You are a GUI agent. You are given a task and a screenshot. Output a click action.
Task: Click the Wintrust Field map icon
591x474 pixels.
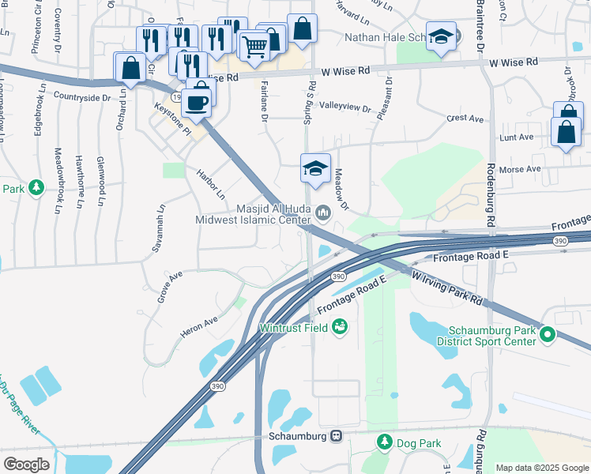pos(341,325)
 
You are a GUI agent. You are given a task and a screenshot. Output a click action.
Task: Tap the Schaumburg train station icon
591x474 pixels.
pos(337,436)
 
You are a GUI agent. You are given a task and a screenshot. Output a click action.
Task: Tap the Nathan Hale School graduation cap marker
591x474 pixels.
pos(442,36)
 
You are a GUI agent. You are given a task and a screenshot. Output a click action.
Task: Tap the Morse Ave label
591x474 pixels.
pos(525,168)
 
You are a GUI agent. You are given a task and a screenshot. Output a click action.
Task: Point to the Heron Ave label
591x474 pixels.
pos(199,323)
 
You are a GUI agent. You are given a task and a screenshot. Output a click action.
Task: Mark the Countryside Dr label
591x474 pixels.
pos(81,97)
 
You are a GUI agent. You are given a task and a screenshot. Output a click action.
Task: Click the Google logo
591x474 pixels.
pos(26,464)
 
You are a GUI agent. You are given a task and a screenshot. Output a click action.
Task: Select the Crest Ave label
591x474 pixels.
pos(464,118)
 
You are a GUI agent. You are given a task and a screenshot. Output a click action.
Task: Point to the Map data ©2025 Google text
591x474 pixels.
pos(541,468)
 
